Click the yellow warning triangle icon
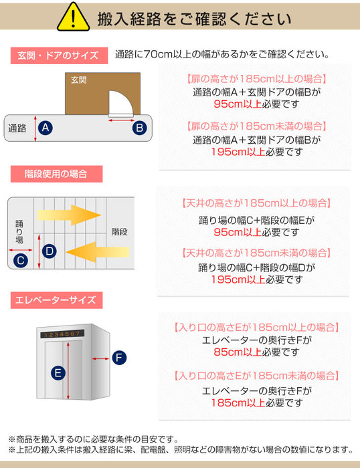[73, 17]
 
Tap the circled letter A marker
[46, 128]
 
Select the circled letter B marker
[140, 128]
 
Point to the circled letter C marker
[21, 260]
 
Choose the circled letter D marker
[50, 251]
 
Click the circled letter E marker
[58, 373]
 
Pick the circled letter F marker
[119, 358]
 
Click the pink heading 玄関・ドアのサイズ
[59, 55]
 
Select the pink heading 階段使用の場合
[56, 174]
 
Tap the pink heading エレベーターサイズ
[56, 300]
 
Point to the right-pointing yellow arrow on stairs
[69, 215]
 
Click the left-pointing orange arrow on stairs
[98, 252]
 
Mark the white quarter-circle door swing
[120, 103]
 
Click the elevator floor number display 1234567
[62, 334]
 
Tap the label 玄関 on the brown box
[78, 80]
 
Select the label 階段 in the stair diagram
[120, 231]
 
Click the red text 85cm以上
[238, 352]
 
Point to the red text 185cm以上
[238, 403]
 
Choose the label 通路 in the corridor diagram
[17, 128]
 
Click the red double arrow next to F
[100, 358]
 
